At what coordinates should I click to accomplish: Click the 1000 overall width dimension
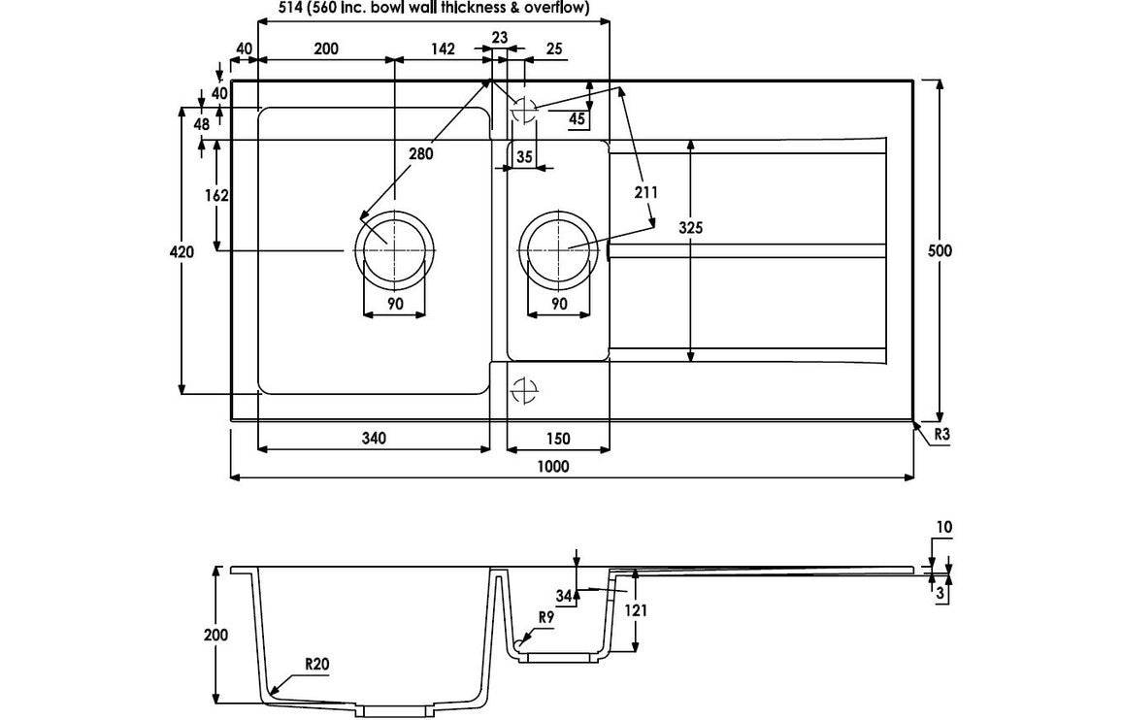click(x=551, y=466)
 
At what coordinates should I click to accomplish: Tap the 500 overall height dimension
click(x=940, y=250)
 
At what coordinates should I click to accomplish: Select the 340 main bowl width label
click(x=373, y=438)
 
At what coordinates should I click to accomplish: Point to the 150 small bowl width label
click(x=559, y=438)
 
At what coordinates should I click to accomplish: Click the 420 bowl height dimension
click(x=182, y=251)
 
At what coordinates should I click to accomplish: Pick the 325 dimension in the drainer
click(x=690, y=228)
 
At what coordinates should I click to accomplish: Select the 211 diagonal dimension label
click(x=645, y=192)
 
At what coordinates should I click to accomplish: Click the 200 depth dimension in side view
click(x=216, y=635)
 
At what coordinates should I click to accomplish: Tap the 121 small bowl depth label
click(x=635, y=610)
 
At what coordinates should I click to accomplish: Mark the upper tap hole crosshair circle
click(x=524, y=111)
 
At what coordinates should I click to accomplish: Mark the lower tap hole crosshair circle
click(x=524, y=390)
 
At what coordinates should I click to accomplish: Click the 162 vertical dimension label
click(x=216, y=195)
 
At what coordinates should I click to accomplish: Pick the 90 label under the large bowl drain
click(x=395, y=304)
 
